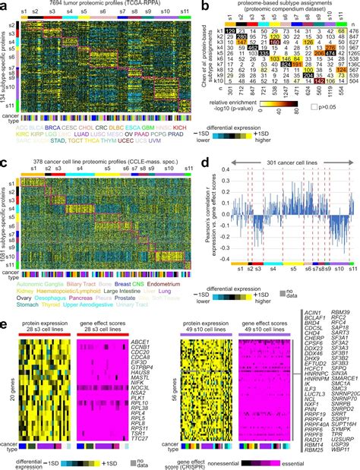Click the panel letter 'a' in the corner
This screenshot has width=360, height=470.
[x=5, y=5]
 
